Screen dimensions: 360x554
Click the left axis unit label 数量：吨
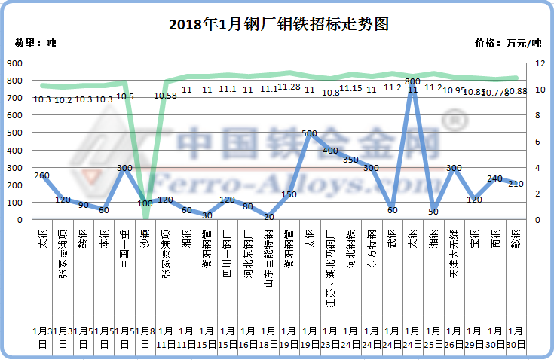pyautogui.click(x=35, y=43)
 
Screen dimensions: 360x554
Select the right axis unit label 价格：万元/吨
pyautogui.click(x=509, y=43)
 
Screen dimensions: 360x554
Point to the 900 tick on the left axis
pyautogui.click(x=15, y=63)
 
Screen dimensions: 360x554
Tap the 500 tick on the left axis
pyautogui.click(x=15, y=133)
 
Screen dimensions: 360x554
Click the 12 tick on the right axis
pyautogui.click(x=536, y=63)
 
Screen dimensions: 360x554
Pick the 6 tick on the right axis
pyautogui.click(x=536, y=142)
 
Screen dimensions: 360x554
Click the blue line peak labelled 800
pyautogui.click(x=412, y=81)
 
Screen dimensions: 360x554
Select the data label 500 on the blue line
pyautogui.click(x=309, y=133)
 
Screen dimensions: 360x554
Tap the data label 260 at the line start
pyautogui.click(x=42, y=175)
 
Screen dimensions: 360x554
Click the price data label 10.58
pyautogui.click(x=166, y=96)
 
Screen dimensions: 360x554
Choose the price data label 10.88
pyautogui.click(x=515, y=91)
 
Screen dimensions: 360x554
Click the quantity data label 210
pyautogui.click(x=515, y=184)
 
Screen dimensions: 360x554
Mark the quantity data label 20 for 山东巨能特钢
pyautogui.click(x=268, y=216)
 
